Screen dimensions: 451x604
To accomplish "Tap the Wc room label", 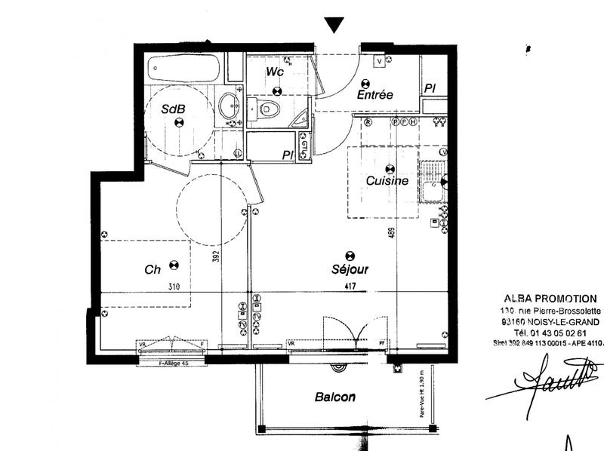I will pos(275,72).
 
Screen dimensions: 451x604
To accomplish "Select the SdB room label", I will pos(174,109).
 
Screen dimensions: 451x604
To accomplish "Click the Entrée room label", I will pos(375,95).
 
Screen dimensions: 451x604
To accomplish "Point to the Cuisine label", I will pos(387,181).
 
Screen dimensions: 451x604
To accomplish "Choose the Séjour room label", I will pos(350,269).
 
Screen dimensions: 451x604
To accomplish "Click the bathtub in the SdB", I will pos(183,69).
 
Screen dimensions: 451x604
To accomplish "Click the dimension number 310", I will pos(174,287).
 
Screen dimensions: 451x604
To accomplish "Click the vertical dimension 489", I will pos(392,233).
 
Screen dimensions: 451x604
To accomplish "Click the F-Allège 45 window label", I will pos(171,363).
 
